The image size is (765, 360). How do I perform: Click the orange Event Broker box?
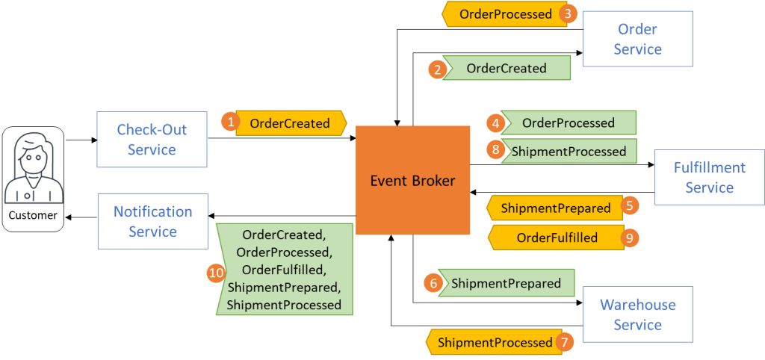[412, 180]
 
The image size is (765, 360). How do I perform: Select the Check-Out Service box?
[152, 140]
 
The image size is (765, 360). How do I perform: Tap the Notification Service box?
[152, 221]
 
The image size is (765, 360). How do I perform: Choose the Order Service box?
[637, 39]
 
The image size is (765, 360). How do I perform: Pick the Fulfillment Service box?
[709, 177]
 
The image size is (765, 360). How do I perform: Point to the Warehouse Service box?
[637, 314]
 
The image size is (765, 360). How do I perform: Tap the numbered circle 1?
[230, 122]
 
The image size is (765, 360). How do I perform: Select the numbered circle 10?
[216, 273]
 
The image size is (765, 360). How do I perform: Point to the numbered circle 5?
[631, 205]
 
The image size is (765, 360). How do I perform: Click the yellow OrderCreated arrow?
[291, 123]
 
